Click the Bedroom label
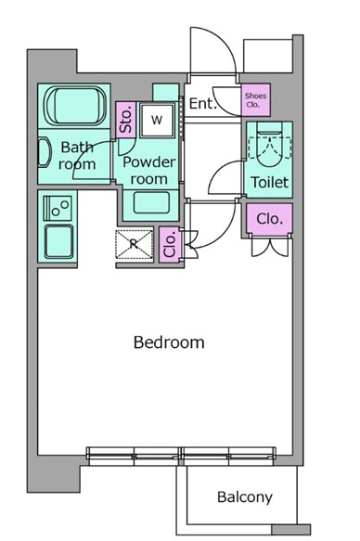(x=169, y=342)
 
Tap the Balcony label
(x=245, y=497)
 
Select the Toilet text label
(x=269, y=182)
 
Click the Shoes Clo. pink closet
(x=255, y=99)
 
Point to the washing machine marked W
(x=157, y=120)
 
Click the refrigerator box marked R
(x=134, y=244)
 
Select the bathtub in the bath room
(x=75, y=106)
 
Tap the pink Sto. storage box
(x=125, y=120)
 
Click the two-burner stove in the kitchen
(x=58, y=208)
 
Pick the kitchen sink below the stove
(x=59, y=242)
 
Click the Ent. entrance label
(x=203, y=103)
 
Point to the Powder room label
(x=149, y=171)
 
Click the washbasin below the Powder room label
(x=151, y=203)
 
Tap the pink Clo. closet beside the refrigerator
(x=170, y=244)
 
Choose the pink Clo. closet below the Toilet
(x=270, y=219)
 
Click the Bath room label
(x=77, y=156)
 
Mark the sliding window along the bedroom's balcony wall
(x=181, y=456)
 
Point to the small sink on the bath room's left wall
(x=45, y=152)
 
